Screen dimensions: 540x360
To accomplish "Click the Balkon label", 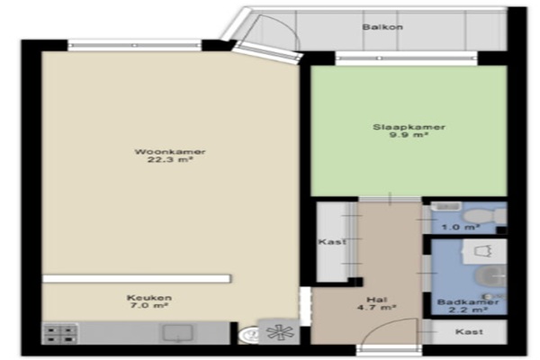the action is point(382,27).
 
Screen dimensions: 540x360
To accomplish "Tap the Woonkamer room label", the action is point(170,151).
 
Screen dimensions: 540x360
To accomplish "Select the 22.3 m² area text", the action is point(170,159).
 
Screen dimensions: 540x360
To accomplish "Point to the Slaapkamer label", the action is point(409,127).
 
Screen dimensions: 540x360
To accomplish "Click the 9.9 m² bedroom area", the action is point(409,135).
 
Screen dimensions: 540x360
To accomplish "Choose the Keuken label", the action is point(149,298).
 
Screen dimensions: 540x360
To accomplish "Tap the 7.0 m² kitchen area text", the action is point(149,306).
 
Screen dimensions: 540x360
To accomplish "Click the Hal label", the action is point(377,300).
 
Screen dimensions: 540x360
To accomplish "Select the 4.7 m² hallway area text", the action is point(376,307).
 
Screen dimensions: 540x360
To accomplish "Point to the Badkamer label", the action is point(468,302).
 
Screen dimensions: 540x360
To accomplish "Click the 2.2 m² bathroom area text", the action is point(468,310).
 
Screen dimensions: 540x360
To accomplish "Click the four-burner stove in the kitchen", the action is point(60,334).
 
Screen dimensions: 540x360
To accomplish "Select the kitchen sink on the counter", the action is point(177,333).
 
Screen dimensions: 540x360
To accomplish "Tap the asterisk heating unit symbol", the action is point(279,332).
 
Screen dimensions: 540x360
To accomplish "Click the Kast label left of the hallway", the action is point(332,242).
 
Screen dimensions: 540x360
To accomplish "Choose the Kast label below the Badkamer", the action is point(469,332).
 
